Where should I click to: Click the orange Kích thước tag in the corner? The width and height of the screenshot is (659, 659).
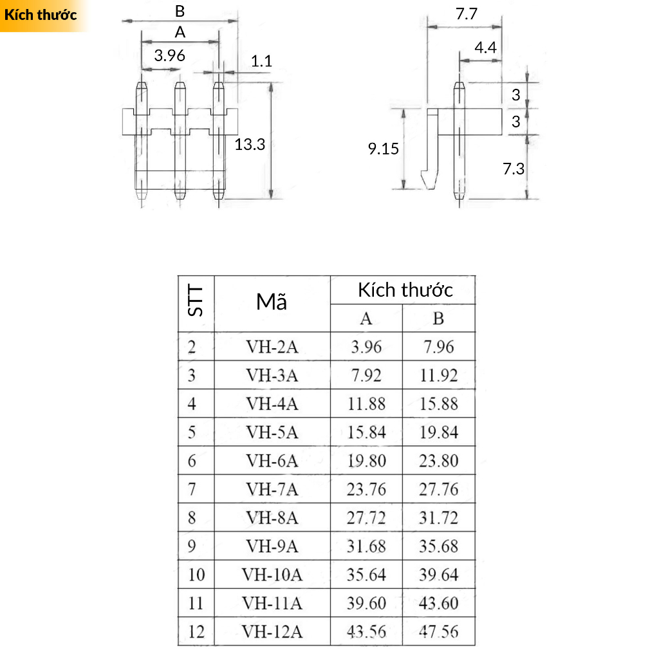[40, 15]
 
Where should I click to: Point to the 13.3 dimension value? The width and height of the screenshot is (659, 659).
[250, 144]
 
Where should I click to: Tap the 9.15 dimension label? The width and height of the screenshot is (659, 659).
[384, 149]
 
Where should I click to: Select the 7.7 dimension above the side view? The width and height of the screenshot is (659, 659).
[467, 14]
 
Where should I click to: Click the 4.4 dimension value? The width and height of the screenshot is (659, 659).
[485, 47]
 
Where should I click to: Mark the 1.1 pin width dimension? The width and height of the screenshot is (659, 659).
[261, 61]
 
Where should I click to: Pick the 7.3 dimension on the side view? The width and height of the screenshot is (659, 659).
[514, 169]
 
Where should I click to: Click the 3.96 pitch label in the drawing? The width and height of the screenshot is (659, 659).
[170, 55]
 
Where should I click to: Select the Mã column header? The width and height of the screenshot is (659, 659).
[272, 302]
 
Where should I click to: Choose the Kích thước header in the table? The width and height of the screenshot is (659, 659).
[405, 290]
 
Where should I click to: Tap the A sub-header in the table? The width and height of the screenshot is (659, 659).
[366, 319]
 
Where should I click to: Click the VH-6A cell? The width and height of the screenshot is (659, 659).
[272, 461]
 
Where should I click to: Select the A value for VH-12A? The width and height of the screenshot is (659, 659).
[366, 631]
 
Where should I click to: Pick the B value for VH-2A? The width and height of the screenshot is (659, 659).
[438, 347]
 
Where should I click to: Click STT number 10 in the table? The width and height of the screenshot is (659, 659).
[196, 574]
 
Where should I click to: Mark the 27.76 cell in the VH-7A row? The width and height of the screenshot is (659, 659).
[438, 489]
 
